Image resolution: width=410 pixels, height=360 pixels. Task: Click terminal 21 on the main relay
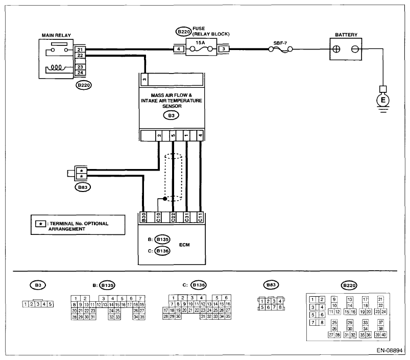[x=80, y=50]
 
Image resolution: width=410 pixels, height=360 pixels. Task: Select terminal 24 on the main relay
[x=80, y=73]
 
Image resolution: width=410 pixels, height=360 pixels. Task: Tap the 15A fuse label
[x=200, y=42]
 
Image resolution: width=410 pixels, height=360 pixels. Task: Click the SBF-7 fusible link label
[x=280, y=43]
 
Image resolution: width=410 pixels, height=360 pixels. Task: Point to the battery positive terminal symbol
[x=336, y=49]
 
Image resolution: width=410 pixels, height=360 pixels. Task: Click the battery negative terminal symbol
[x=355, y=49]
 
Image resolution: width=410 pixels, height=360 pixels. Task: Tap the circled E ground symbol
[x=383, y=100]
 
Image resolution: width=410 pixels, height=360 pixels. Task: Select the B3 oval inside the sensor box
[x=171, y=115]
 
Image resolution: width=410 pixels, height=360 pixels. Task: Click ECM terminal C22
[x=173, y=217]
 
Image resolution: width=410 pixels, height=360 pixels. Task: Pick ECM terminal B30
[x=143, y=217]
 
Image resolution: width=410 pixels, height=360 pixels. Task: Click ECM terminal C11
[x=200, y=217]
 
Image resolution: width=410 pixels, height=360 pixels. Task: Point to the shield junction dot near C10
[x=165, y=199]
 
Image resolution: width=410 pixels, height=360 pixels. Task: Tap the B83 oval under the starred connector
[x=83, y=187]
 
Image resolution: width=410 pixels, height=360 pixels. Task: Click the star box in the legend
[x=40, y=224]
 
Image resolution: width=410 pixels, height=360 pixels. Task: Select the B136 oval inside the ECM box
[x=162, y=251]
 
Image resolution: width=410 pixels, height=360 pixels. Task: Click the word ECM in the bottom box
[x=184, y=245]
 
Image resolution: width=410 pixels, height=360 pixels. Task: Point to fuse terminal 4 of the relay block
[x=179, y=49]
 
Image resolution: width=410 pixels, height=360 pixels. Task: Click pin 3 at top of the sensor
[x=144, y=79]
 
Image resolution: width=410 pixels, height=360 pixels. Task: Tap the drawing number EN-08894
[x=390, y=350]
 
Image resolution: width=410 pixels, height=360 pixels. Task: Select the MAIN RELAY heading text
[x=56, y=35]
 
